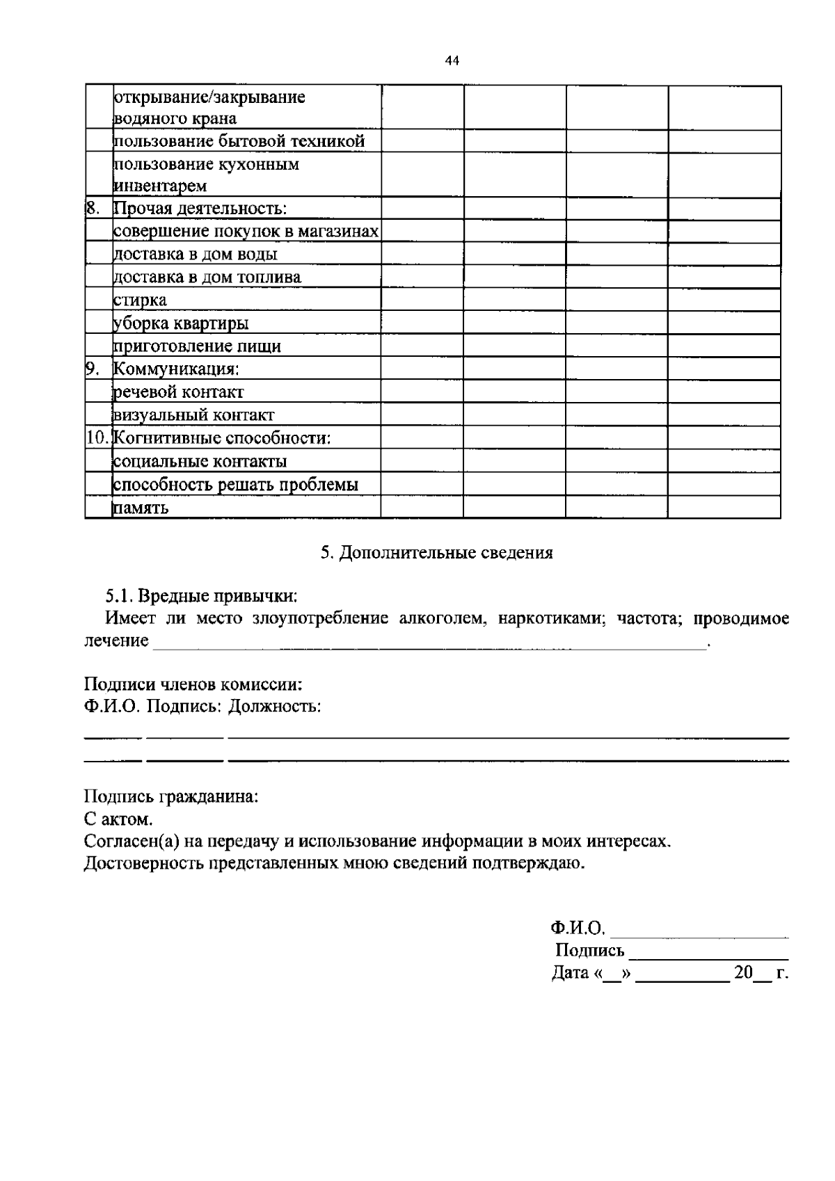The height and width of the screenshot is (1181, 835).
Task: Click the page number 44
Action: (x=452, y=61)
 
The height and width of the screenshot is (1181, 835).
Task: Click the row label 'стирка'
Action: (x=140, y=300)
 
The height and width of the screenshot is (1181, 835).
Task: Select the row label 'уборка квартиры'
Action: (x=181, y=323)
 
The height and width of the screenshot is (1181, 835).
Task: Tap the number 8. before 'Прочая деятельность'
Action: (x=93, y=208)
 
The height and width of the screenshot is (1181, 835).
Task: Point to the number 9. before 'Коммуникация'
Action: (x=93, y=369)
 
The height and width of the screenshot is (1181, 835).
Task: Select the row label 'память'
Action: (x=141, y=508)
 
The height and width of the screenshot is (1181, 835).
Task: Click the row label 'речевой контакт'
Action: (x=179, y=392)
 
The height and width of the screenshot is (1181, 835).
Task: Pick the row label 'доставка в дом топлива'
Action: (x=207, y=278)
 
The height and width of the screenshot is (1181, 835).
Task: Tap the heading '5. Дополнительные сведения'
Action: (x=437, y=553)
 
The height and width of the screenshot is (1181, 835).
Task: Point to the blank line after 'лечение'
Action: (x=429, y=643)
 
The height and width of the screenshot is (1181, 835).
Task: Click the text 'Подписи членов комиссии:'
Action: (x=193, y=684)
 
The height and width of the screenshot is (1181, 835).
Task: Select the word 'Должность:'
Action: (x=276, y=707)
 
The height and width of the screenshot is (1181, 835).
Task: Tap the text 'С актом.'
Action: (x=118, y=819)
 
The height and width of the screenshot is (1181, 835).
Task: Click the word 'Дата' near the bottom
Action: (x=570, y=973)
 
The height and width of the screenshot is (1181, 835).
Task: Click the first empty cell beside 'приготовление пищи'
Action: (x=422, y=346)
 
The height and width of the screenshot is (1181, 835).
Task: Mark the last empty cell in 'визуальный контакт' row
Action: (x=724, y=415)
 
